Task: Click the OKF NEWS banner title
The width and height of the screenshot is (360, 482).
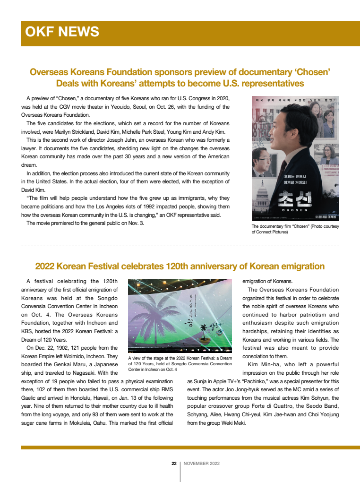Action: [x=62, y=32]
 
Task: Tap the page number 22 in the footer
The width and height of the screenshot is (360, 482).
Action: [x=174, y=464]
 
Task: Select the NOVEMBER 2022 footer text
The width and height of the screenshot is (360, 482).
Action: [x=201, y=464]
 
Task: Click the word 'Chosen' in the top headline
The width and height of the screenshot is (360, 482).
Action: [x=312, y=72]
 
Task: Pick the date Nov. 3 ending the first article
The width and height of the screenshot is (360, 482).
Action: [x=136, y=223]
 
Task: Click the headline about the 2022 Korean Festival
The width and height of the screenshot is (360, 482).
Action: [x=180, y=266]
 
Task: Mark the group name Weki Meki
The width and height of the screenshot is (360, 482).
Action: [x=233, y=422]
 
